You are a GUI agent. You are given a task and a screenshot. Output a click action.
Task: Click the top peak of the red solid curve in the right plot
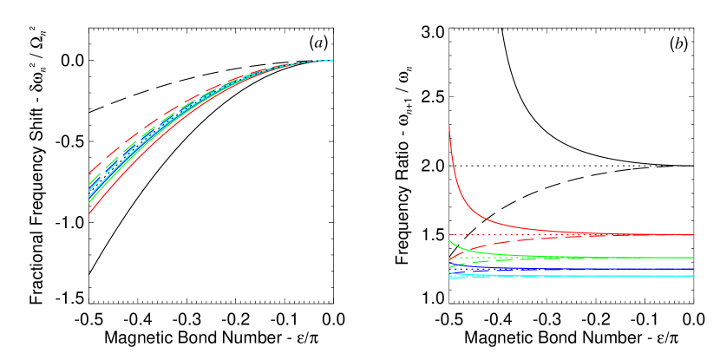[448, 127]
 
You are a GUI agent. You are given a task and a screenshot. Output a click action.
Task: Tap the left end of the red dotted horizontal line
[449, 235]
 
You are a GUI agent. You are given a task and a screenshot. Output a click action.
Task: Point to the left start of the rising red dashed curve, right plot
[449, 259]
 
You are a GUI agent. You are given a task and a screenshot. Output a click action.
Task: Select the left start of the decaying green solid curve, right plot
[449, 240]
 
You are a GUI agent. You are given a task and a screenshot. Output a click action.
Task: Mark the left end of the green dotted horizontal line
[449, 258]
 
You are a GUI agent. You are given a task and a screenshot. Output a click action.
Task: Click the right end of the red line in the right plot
[693, 235]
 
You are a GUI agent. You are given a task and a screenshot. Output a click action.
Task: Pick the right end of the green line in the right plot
[693, 258]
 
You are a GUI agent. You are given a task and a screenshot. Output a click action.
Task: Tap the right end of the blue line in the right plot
[693, 269]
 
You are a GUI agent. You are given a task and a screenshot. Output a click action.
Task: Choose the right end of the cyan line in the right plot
[693, 276]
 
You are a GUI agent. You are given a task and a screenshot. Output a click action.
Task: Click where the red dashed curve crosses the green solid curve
[473, 249]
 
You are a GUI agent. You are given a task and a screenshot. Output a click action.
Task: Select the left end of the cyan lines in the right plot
[449, 276]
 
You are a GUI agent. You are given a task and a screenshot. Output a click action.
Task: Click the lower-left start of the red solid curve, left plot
[89, 213]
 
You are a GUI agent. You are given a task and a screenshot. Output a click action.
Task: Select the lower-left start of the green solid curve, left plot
[89, 202]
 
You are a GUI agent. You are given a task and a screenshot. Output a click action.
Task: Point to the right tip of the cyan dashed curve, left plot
[333, 61]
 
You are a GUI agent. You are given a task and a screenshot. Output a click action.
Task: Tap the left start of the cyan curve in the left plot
[89, 192]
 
